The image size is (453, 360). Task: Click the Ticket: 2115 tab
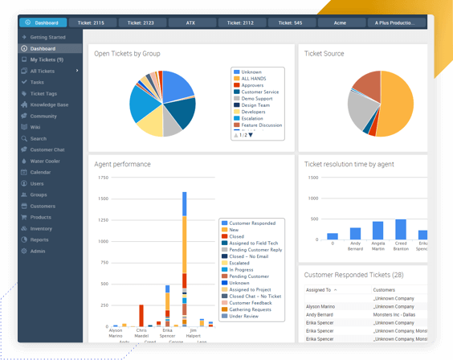[x=93, y=22]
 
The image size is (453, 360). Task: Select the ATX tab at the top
[x=190, y=22]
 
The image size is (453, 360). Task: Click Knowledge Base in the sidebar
[x=49, y=104]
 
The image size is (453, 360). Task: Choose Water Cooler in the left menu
[x=46, y=161]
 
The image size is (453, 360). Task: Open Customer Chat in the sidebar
[x=47, y=149]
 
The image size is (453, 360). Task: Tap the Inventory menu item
[x=41, y=228]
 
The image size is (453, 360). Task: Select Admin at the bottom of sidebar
[x=38, y=251]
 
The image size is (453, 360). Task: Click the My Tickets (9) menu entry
[x=47, y=59]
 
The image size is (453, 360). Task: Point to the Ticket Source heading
[x=324, y=54]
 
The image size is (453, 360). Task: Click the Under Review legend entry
[x=244, y=316]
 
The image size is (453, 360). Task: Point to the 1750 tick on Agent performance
[x=102, y=177]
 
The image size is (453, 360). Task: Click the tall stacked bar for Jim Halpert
[x=184, y=257]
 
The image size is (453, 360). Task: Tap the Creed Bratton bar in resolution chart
[x=400, y=230]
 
